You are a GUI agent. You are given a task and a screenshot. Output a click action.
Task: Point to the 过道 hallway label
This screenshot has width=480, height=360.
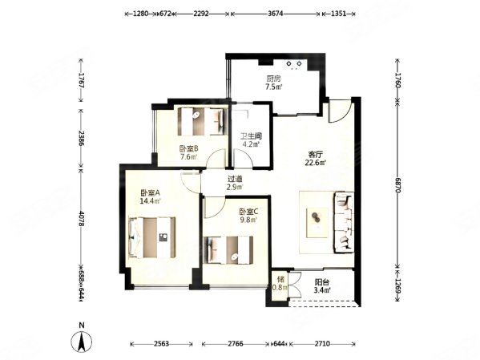pos(234,180)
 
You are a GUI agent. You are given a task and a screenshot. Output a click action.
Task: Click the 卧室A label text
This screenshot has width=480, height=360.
pos(150,193)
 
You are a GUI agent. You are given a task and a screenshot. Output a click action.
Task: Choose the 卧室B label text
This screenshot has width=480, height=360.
pos(188,148)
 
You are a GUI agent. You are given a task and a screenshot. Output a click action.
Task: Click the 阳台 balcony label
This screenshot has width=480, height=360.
pos(320,283)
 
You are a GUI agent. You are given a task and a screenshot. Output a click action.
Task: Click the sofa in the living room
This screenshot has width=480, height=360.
pos(345,217)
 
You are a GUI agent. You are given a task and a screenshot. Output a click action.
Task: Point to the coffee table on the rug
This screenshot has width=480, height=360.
pos(315,216)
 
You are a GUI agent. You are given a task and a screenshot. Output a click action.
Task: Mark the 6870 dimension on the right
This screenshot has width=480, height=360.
pos(397,184)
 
